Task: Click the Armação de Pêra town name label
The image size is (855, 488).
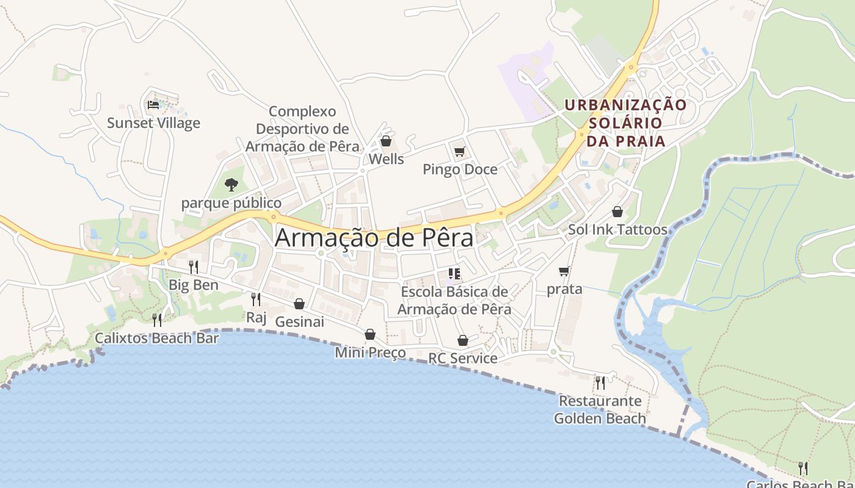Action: tap(374, 237)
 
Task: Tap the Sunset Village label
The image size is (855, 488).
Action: tap(153, 123)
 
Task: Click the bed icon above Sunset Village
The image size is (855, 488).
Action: tap(153, 105)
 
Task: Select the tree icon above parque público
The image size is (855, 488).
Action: tap(231, 184)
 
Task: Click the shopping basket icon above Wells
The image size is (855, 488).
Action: tap(386, 142)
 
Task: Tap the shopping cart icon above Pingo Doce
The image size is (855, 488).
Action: tap(459, 151)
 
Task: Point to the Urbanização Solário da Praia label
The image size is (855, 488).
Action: tap(625, 123)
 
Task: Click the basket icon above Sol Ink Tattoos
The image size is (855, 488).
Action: tap(617, 212)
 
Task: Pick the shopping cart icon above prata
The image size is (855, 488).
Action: tap(564, 271)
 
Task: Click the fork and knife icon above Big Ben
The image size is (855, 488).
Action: tap(193, 267)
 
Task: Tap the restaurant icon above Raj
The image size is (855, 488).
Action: tap(256, 299)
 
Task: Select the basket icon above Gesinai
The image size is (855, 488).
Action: tap(299, 304)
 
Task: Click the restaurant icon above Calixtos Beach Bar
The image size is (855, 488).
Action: tap(157, 320)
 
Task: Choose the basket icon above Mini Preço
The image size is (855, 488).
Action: tap(370, 334)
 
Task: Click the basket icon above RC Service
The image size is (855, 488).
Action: tap(463, 340)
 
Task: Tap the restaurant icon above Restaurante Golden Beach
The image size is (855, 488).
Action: tap(600, 383)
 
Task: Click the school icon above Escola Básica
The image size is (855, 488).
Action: tap(454, 273)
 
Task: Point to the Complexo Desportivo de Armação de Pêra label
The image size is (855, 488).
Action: tap(302, 129)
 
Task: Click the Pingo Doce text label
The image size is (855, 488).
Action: tap(460, 170)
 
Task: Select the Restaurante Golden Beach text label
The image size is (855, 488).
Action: tap(600, 409)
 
